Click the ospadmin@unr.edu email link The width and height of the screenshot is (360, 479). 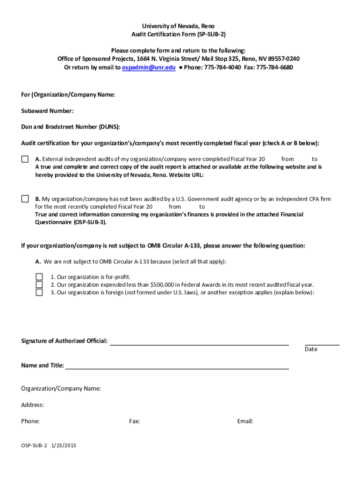point(149,67)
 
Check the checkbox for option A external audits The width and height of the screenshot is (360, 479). point(25,159)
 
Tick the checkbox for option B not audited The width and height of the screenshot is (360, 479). point(25,199)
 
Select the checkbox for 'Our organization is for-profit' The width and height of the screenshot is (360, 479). point(39,277)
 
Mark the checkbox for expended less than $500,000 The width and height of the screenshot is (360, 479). point(39,284)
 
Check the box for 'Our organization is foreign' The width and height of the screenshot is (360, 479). point(39,292)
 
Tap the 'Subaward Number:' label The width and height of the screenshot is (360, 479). point(47,111)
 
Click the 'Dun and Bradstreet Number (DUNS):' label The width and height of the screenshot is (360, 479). point(71,127)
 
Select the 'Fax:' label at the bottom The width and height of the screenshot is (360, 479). point(134,421)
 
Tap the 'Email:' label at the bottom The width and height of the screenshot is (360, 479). point(245,421)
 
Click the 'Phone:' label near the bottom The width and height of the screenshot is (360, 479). point(30,421)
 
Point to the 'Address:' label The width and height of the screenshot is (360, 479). point(33,405)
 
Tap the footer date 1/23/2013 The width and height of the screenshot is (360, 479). point(63,445)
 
